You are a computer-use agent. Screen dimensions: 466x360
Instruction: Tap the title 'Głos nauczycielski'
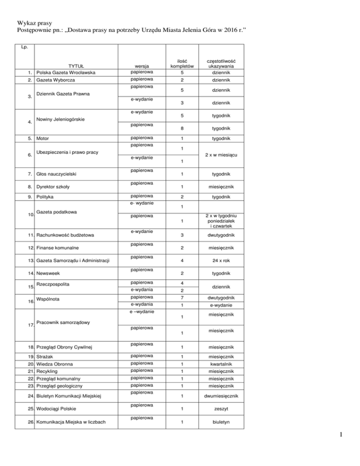(x=59, y=174)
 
